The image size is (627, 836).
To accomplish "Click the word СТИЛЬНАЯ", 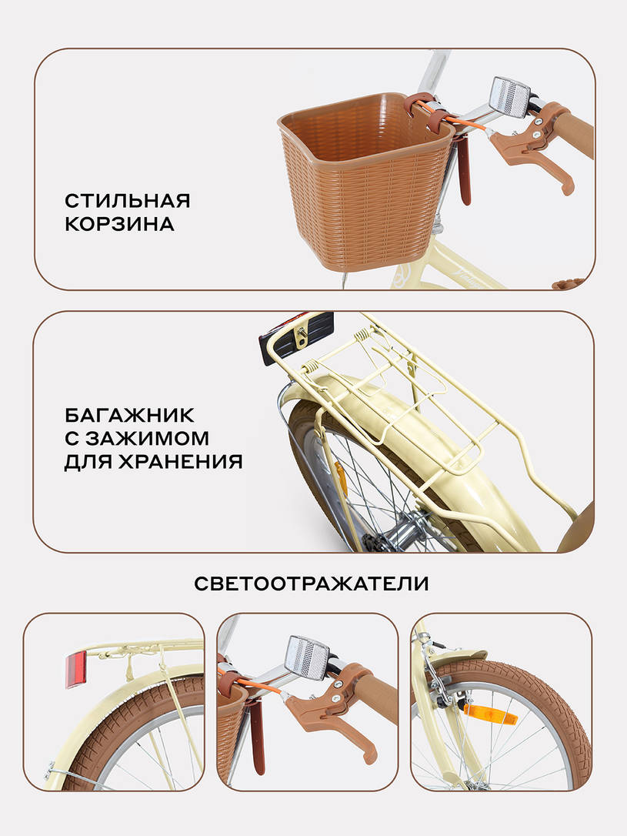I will tap(127, 201).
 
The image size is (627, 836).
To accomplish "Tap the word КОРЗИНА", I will tap(119, 226).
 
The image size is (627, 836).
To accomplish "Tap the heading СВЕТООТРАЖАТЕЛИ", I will tap(311, 584).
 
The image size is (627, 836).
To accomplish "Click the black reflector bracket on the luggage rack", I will tap(296, 337).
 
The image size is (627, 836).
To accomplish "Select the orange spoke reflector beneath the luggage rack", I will tap(339, 477).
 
